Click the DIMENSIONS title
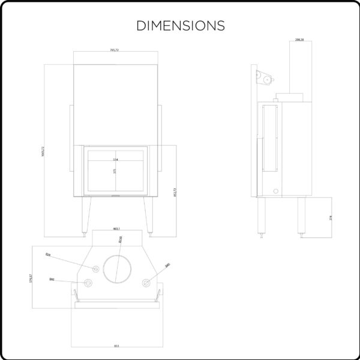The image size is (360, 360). tap(181, 26)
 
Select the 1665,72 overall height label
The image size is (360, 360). tap(44, 152)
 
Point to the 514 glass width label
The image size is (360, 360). tap(116, 160)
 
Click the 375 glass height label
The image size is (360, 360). tap(114, 171)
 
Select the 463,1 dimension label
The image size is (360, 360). tap(116, 229)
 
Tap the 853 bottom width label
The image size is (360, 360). tap(116, 346)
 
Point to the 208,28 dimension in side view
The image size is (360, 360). tap(299, 40)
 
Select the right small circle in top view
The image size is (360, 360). tap(145, 283)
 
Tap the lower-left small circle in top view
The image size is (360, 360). tap(88, 283)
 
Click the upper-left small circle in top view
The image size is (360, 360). tap(94, 268)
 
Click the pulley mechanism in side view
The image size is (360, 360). tap(264, 77)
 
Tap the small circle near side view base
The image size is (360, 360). tap(277, 191)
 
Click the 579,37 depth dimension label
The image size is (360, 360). tap(31, 278)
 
